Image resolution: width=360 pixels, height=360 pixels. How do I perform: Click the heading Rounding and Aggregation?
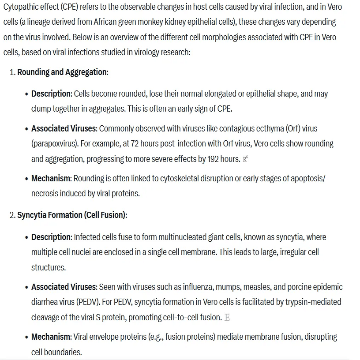[62, 72]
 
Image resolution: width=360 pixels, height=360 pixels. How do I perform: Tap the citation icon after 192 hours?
[246, 159]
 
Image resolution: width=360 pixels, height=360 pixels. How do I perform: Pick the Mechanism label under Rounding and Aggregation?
[51, 179]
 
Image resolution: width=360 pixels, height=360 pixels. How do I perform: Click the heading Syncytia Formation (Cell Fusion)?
[71, 215]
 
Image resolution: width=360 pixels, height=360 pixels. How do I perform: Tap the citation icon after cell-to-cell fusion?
[227, 318]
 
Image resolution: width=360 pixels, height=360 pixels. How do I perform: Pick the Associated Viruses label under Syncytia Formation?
[63, 287]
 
